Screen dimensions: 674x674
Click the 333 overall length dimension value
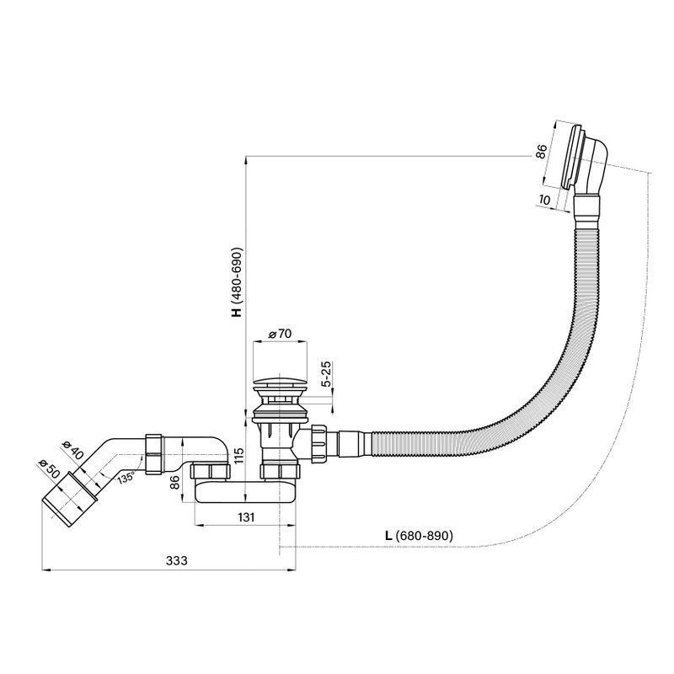pyautogui.click(x=177, y=560)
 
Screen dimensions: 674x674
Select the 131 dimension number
pyautogui.click(x=245, y=516)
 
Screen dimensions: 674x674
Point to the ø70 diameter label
pyautogui.click(x=280, y=333)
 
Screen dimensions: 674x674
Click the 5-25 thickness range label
pyautogui.click(x=326, y=374)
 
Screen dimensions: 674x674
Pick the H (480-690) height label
pyautogui.click(x=237, y=282)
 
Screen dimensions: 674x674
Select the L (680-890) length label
pyautogui.click(x=419, y=536)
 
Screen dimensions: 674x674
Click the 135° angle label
pyautogui.click(x=126, y=477)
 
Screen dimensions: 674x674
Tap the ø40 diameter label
pyautogui.click(x=72, y=450)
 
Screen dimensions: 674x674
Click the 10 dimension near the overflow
pyautogui.click(x=543, y=200)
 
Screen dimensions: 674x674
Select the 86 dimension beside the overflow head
pyautogui.click(x=541, y=152)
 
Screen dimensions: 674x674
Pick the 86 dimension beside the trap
pyautogui.click(x=175, y=483)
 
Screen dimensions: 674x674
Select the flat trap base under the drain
pyautogui.click(x=245, y=492)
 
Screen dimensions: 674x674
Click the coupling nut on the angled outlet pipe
pyautogui.click(x=153, y=454)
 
